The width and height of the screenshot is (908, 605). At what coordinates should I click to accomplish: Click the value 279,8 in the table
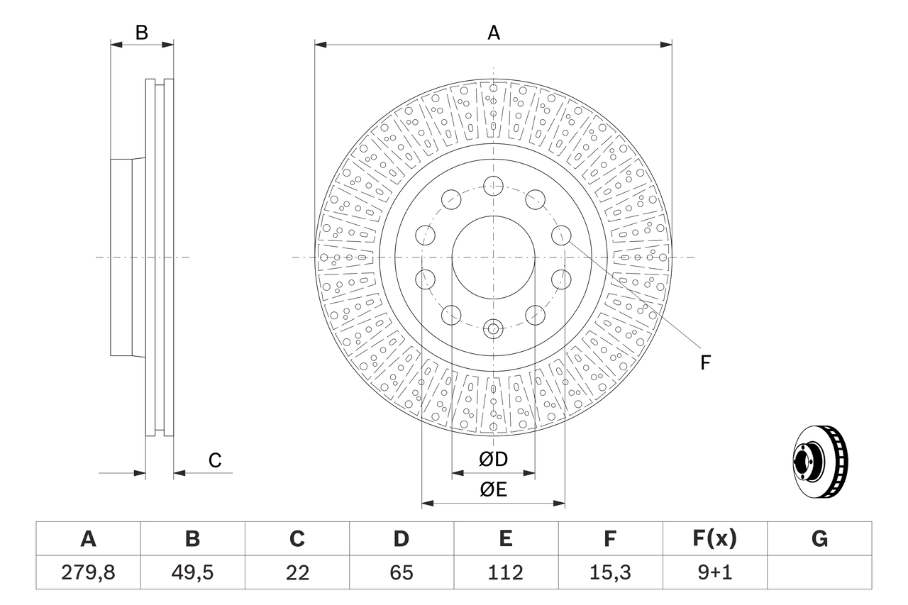click(x=88, y=572)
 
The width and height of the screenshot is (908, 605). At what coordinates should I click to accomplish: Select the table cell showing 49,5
click(x=192, y=572)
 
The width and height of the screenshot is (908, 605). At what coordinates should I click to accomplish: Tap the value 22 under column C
click(x=297, y=572)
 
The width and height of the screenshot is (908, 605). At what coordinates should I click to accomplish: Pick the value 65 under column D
click(x=401, y=572)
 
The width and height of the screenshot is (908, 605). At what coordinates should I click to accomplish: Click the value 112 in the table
click(x=505, y=572)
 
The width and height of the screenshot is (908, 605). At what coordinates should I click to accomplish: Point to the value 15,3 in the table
click(x=609, y=572)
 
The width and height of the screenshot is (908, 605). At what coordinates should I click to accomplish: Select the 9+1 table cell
click(x=714, y=572)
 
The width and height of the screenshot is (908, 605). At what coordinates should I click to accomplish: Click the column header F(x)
click(x=714, y=539)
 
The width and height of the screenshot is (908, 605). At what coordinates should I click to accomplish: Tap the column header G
click(x=819, y=539)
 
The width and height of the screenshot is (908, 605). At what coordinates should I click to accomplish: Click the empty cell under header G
click(x=819, y=572)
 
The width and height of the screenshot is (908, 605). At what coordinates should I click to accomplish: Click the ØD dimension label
click(x=494, y=460)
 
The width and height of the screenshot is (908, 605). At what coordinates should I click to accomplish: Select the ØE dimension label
click(x=494, y=490)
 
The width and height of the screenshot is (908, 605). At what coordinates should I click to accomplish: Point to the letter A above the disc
click(x=494, y=33)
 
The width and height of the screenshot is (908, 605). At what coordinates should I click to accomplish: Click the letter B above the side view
click(x=142, y=33)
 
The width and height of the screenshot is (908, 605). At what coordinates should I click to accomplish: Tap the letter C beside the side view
click(x=215, y=460)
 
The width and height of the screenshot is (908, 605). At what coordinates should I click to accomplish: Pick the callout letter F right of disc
click(x=705, y=363)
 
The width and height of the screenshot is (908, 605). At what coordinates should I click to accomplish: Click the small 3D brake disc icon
click(x=819, y=460)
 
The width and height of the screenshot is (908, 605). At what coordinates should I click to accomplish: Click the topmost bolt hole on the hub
click(x=493, y=187)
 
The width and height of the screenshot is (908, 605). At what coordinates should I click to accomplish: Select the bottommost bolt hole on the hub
click(x=493, y=328)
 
